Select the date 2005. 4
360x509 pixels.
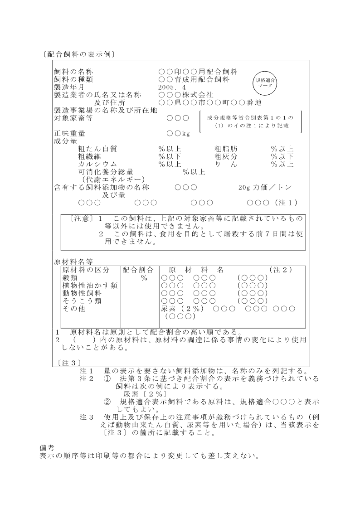coord(172,87)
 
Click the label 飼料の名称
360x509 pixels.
coord(73,72)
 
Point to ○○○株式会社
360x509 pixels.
coord(186,95)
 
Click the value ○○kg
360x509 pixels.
coord(178,134)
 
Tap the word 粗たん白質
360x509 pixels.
coord(98,149)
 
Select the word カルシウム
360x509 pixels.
coord(98,164)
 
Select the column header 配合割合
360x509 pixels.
coord(139,270)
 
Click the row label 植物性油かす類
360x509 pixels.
coord(90,285)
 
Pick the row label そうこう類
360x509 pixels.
coord(82,301)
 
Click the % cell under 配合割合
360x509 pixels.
coord(144,278)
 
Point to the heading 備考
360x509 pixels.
coord(47,448)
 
